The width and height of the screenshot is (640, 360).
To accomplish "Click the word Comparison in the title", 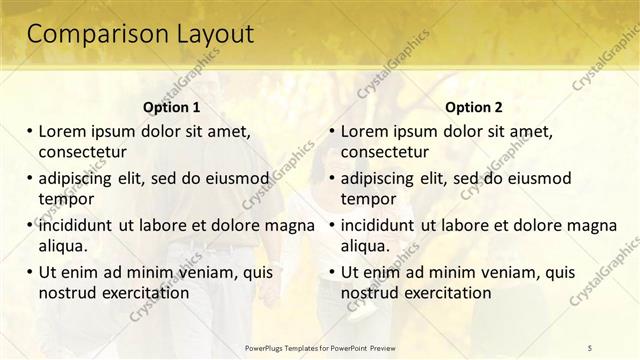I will pos(95,34).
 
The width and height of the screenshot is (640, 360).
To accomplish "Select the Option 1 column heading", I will pos(172,107).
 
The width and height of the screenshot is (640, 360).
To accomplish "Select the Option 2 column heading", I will pos(474,107).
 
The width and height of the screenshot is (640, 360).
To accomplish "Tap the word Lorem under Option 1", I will pos(63,131).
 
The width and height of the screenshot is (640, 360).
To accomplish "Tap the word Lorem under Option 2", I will pos(365,131).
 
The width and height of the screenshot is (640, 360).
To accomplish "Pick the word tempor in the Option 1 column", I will pos(66,198).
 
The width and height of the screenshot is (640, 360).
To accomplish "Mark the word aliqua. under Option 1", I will pos(63,245).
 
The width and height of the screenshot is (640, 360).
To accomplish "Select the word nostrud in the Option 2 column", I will pos(371,293).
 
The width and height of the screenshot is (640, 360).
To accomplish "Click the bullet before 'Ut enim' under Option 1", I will pos(30,272).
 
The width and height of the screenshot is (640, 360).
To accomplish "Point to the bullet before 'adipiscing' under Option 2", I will pos(332,178).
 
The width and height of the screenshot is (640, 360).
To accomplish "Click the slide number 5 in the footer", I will pos(590,347).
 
